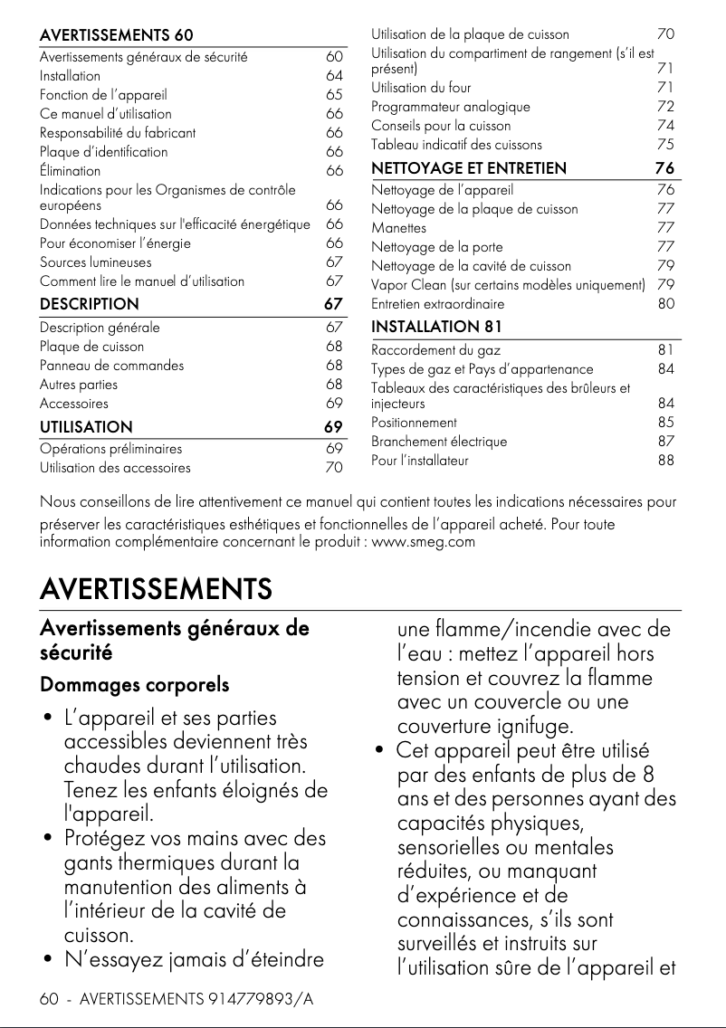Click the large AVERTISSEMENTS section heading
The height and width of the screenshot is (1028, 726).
(x=156, y=589)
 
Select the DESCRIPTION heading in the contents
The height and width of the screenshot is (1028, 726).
(x=90, y=304)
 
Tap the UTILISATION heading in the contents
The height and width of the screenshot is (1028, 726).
(x=86, y=427)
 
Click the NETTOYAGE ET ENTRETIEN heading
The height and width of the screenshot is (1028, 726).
(x=469, y=168)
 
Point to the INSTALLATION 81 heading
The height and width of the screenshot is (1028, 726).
(x=436, y=326)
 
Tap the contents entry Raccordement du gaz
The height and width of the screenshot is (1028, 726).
(x=435, y=350)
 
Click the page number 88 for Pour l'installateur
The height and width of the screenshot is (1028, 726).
(x=665, y=461)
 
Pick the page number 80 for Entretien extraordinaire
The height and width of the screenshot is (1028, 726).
(x=665, y=304)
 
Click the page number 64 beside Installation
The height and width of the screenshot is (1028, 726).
(x=334, y=76)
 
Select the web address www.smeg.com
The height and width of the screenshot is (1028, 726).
(x=424, y=542)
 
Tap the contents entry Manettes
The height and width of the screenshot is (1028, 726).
(x=399, y=228)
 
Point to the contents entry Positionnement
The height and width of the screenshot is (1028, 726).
(x=414, y=423)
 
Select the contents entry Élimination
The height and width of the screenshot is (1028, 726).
(x=70, y=171)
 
